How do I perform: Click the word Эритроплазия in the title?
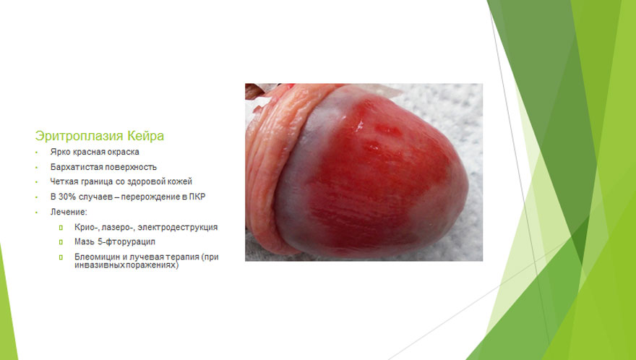pos(79,136)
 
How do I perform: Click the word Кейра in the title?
pos(146,136)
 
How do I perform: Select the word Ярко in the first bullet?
pos(59,152)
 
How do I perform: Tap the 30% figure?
pos(68,197)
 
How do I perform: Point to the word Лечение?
pos(69,212)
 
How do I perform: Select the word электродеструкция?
pos(178,227)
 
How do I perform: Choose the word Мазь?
pos(84,242)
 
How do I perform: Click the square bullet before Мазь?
pos(61,242)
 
